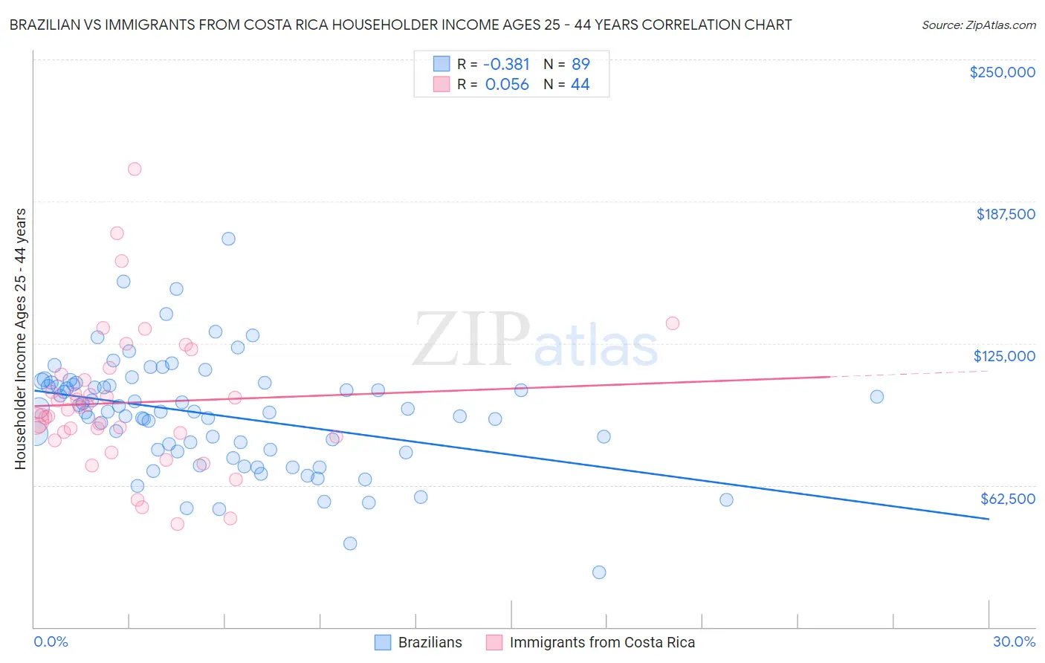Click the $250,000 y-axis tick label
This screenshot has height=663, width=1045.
1002,72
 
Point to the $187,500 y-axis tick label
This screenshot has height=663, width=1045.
1005,214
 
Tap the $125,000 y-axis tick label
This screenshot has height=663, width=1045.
1004,356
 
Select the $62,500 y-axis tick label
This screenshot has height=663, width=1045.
1007,499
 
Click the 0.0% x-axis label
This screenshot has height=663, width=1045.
51,641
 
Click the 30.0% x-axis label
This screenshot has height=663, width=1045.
1014,641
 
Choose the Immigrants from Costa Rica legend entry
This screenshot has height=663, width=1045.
591,642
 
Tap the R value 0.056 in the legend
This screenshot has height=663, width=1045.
507,85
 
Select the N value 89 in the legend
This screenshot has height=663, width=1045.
580,65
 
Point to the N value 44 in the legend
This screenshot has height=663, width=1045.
580,85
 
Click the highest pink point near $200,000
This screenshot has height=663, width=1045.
135,169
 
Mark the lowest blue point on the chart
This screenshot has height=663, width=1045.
599,572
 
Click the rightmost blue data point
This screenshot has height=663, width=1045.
877,396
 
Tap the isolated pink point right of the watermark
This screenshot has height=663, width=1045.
673,323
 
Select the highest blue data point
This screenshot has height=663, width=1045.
228,239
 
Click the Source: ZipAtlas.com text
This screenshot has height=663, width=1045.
978,25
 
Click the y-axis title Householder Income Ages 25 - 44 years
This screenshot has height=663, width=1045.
21,339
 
